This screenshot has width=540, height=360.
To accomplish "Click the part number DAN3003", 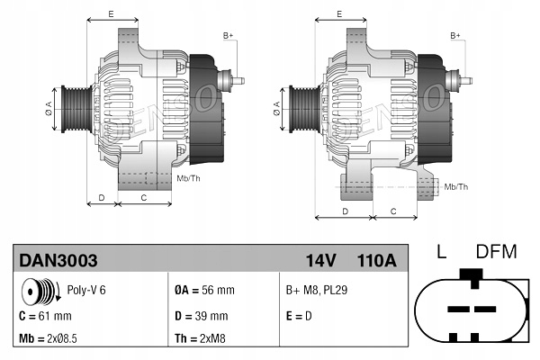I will click(58, 260).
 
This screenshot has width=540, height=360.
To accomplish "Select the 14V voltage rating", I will click(320, 260).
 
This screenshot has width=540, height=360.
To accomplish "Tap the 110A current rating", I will click(376, 260).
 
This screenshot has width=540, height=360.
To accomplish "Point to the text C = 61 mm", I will click(45, 316).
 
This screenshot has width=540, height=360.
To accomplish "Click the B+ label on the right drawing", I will click(455, 34).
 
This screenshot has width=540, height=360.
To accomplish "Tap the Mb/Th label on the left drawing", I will click(189, 178).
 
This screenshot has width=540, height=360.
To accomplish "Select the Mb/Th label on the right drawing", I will click(456, 186).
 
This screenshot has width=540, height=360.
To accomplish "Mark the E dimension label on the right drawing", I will click(338, 14).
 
